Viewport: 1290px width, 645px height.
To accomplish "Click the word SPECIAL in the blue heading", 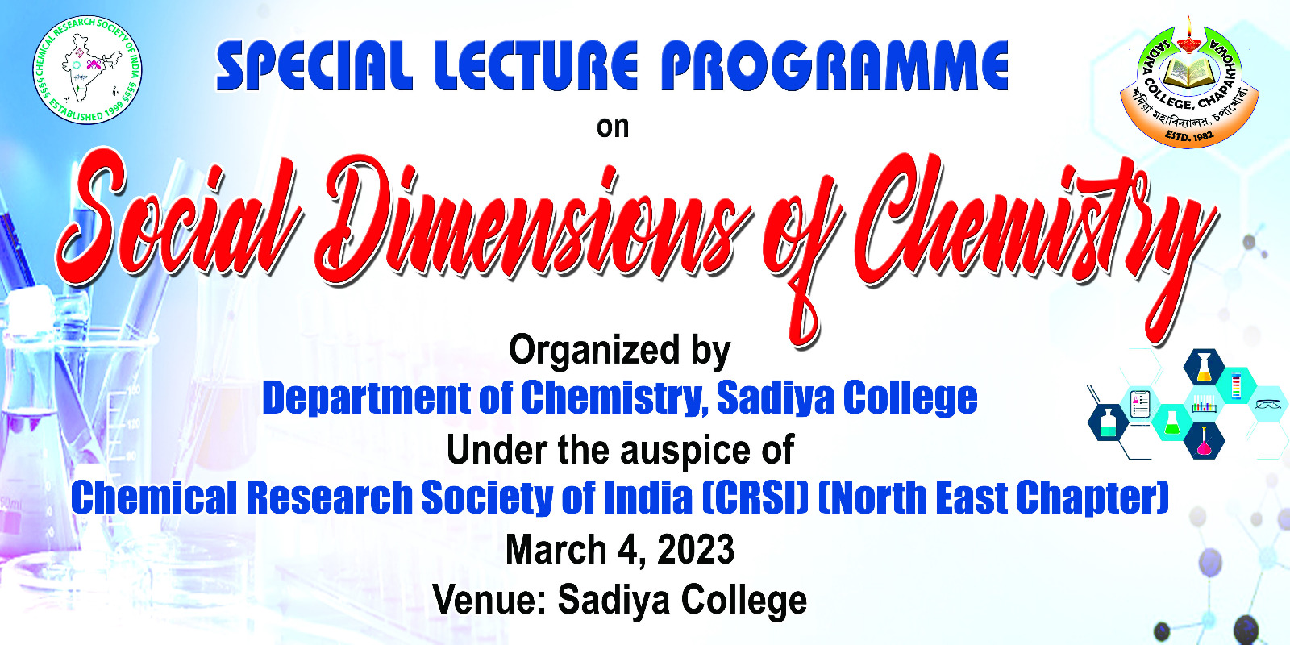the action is [x=314, y=65].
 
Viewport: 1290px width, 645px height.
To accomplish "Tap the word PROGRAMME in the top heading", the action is [x=834, y=65].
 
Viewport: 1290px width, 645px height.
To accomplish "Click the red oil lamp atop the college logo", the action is [x=1188, y=35].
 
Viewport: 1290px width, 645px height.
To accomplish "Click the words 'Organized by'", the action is [x=620, y=352].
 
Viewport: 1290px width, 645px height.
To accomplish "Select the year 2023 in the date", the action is [x=696, y=549].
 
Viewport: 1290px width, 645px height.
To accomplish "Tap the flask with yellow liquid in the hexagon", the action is [x=1205, y=368].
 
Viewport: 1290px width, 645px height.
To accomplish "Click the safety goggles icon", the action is [x=1267, y=405].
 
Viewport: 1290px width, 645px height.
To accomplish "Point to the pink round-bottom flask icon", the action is [x=1203, y=442].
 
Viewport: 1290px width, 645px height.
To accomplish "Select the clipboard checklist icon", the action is [x=1140, y=404].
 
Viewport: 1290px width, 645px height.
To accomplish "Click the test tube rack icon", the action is [x=1204, y=404].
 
